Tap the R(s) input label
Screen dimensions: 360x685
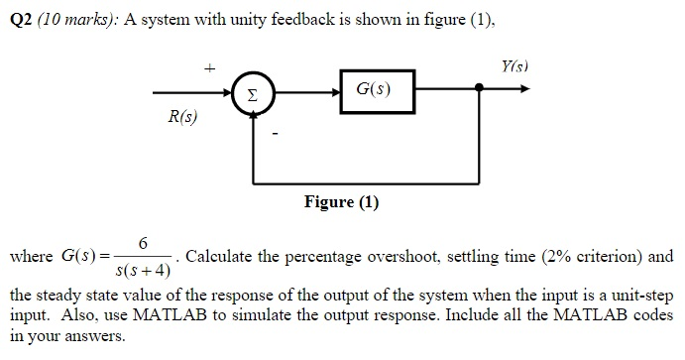[181, 118]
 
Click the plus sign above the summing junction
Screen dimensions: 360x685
[209, 68]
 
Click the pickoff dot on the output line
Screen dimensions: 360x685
[480, 89]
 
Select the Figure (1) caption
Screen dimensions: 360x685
[341, 202]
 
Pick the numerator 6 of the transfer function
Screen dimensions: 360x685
[143, 244]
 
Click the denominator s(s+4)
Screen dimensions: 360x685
[143, 270]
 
